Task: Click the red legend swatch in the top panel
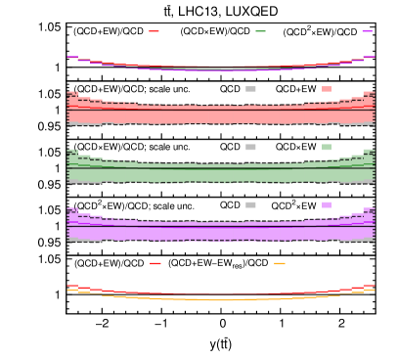(154, 31)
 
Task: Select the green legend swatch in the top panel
(260, 31)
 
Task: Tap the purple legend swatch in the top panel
(367, 31)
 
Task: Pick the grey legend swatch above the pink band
(250, 89)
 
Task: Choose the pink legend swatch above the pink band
(327, 89)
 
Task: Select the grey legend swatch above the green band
(250, 147)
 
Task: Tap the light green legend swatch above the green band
(327, 147)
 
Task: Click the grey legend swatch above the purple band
(250, 204)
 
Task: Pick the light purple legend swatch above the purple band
(327, 204)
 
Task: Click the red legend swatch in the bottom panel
(155, 263)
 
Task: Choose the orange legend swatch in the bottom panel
(280, 263)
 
